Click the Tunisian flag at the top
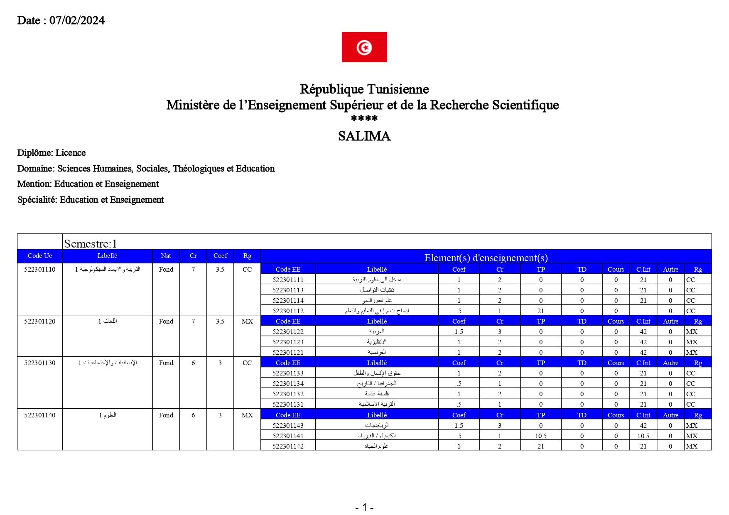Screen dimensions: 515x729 pos(364,47)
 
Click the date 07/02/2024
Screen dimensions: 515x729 pos(77,20)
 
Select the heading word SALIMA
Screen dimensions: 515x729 pos(364,136)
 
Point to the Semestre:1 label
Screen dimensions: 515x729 pos(91,243)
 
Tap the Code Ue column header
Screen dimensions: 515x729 pos(40,256)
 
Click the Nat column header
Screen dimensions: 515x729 pos(166,256)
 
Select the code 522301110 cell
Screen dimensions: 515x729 pos(40,270)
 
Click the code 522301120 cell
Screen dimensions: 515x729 pos(40,321)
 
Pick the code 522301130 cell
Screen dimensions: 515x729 pos(40,363)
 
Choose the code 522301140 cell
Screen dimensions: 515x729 pos(40,415)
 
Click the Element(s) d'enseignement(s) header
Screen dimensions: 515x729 pos(486,257)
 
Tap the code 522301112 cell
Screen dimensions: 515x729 pos(288,311)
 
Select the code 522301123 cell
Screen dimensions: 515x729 pos(288,342)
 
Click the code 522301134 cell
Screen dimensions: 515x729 pos(288,384)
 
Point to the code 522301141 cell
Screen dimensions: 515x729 pos(288,436)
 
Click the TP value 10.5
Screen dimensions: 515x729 pos(540,436)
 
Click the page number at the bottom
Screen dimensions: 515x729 pos(364,507)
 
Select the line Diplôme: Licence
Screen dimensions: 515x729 pos(52,153)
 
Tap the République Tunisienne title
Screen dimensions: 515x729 pos(364,89)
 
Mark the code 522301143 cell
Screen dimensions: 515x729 pos(288,426)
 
